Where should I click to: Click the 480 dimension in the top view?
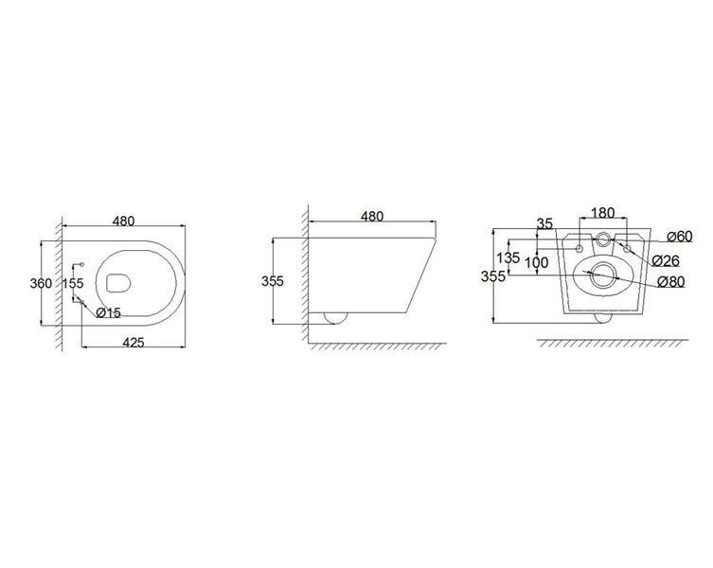124,221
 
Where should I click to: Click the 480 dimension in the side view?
372,217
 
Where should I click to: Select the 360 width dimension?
41,283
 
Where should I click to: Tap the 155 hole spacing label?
73,283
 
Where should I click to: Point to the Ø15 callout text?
108,312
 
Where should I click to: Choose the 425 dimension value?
134,342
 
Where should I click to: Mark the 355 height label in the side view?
273,281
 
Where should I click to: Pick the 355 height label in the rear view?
493,276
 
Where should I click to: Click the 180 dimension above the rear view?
602,213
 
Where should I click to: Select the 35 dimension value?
544,223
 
